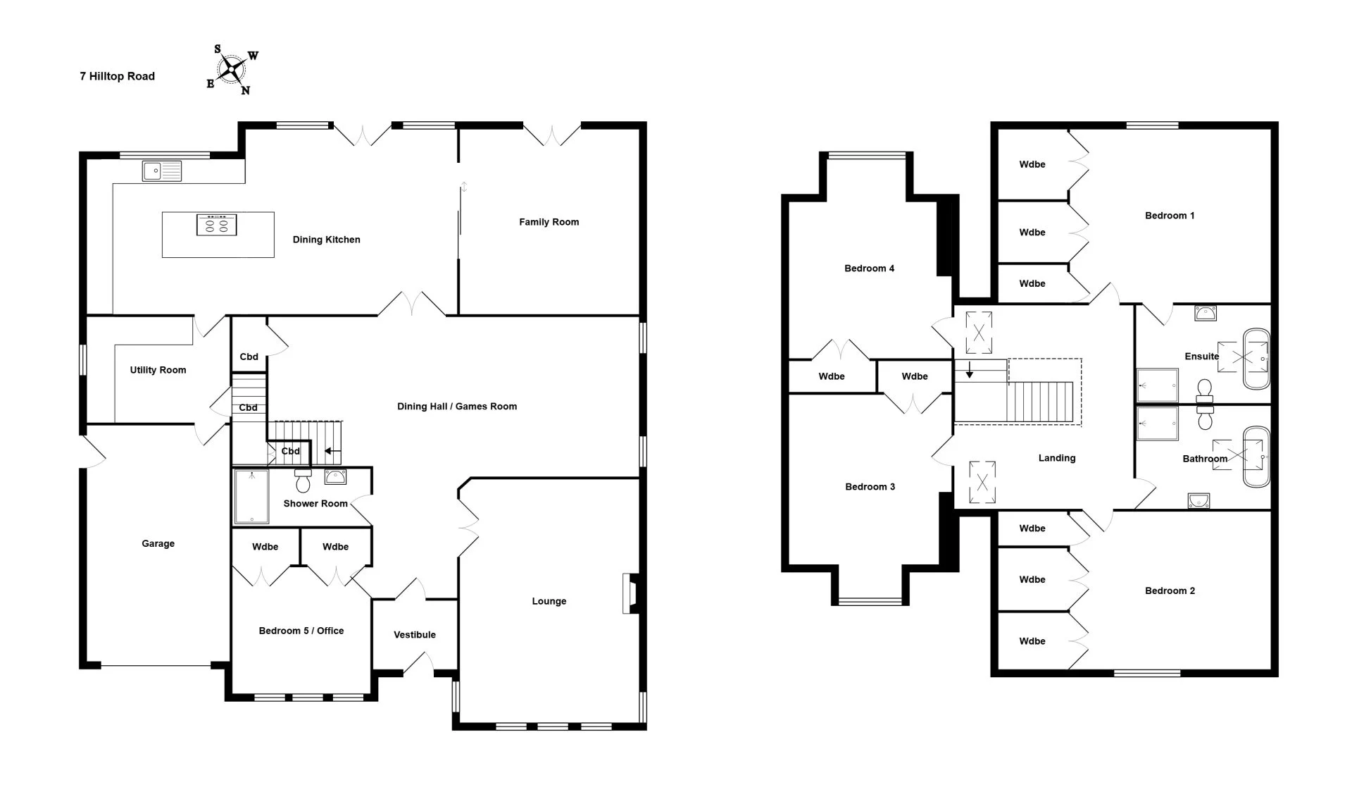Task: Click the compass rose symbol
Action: [x=232, y=69]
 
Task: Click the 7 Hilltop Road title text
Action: [x=117, y=76]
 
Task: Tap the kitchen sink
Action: [x=162, y=171]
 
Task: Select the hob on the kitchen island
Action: [x=216, y=224]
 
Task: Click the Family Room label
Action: [x=549, y=222]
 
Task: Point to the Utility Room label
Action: [x=158, y=370]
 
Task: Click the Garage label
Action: [x=158, y=543]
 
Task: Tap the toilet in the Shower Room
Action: [x=303, y=481]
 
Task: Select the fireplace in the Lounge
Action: [x=630, y=593]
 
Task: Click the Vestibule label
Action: [x=415, y=635]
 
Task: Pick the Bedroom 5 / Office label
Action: [x=301, y=631]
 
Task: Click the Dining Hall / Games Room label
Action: [x=457, y=406]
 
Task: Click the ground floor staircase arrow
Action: [x=332, y=452]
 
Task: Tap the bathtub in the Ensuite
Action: [x=1256, y=358]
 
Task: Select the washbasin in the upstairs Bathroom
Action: [x=1198, y=500]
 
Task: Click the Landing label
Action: [x=1057, y=458]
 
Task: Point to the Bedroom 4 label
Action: [x=870, y=268]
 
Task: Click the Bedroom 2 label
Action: [x=1170, y=590]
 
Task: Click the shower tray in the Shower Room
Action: [x=251, y=497]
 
